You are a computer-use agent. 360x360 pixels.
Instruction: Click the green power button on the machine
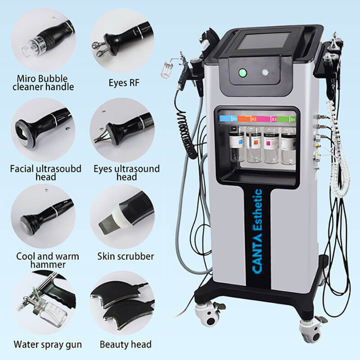243,72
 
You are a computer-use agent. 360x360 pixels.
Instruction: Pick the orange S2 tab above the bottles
247,119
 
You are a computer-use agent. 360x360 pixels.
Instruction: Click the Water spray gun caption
48,345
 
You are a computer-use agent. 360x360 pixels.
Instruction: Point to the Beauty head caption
126,345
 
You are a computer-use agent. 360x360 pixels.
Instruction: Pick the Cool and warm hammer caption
48,260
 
